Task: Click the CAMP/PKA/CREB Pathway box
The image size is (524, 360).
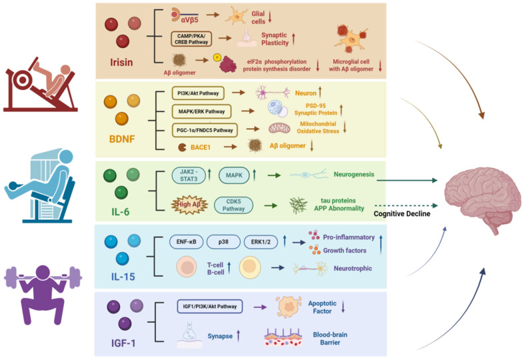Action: point(191,39)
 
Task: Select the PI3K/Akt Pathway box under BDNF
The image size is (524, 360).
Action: point(198,93)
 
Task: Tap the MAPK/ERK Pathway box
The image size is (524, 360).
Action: point(201,111)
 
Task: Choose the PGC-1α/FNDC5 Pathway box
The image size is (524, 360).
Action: point(205,130)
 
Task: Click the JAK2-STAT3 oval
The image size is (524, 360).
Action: point(189,175)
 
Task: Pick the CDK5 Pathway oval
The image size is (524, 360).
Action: point(233,205)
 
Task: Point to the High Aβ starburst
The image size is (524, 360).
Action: point(189,204)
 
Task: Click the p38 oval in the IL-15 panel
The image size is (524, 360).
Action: point(223,242)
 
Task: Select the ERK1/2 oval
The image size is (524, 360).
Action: point(261,242)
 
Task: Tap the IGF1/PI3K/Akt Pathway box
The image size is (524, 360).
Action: point(210,306)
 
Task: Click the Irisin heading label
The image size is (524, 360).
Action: point(121,62)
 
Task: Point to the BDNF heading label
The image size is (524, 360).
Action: point(121,139)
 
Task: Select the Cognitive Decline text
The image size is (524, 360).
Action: point(402,213)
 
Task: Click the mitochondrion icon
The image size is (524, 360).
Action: point(279,129)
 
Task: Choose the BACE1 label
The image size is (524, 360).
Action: point(201,147)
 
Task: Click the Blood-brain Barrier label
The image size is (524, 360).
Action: point(330,338)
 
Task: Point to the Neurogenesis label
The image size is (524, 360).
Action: point(354,174)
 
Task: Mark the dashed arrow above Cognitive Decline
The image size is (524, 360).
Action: point(407,205)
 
